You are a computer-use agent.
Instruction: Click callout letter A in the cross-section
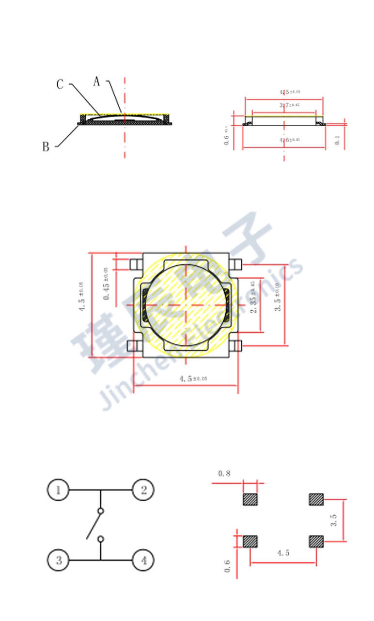[x=96, y=81]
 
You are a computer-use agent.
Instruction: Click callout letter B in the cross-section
[x=46, y=147]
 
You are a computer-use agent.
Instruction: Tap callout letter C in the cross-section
[x=60, y=85]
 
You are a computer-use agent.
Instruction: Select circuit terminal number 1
[x=59, y=490]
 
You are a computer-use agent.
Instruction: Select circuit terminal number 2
[x=143, y=490]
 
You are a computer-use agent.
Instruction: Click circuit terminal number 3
[x=59, y=560]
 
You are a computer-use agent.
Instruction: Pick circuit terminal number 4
[x=143, y=560]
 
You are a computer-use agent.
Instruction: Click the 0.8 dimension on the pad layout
[x=224, y=473]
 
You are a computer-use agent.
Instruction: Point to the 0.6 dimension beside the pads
[x=227, y=565]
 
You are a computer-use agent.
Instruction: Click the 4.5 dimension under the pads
[x=283, y=553]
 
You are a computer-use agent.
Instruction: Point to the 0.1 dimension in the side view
[x=338, y=141]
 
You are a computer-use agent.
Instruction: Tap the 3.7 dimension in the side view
[x=289, y=105]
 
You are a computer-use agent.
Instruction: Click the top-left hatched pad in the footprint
[x=250, y=499]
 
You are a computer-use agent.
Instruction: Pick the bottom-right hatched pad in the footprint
[x=316, y=541]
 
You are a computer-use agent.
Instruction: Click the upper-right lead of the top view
[x=236, y=264]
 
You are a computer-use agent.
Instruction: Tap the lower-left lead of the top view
[x=134, y=346]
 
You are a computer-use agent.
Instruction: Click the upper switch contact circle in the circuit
[x=101, y=511]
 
